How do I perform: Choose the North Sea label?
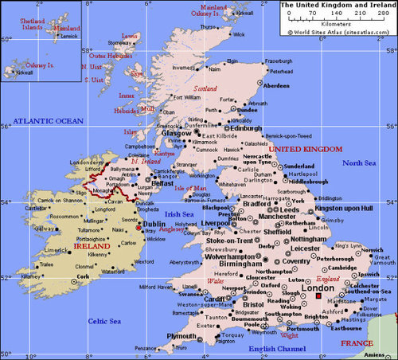tap(359, 162)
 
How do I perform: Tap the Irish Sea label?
tap(180, 213)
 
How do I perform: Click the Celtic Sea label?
tap(104, 320)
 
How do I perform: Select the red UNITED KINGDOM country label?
tap(306, 149)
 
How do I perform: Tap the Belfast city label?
tap(162, 182)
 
